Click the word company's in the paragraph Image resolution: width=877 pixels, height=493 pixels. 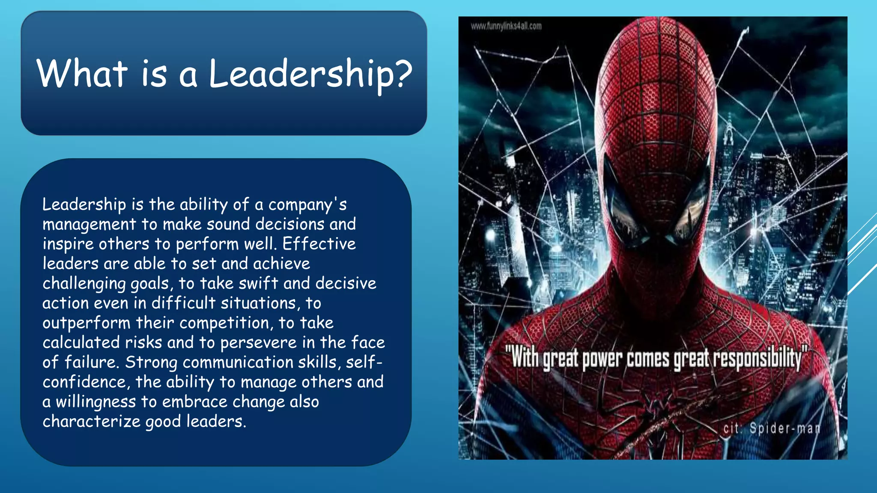[307, 205]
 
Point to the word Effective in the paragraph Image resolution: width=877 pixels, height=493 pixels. [319, 244]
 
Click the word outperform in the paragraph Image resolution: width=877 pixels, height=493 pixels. [86, 323]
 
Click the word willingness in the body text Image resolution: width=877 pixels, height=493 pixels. [96, 402]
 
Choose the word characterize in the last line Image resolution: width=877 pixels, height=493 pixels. [91, 422]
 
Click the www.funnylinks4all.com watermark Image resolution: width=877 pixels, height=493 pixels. [506, 26]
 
